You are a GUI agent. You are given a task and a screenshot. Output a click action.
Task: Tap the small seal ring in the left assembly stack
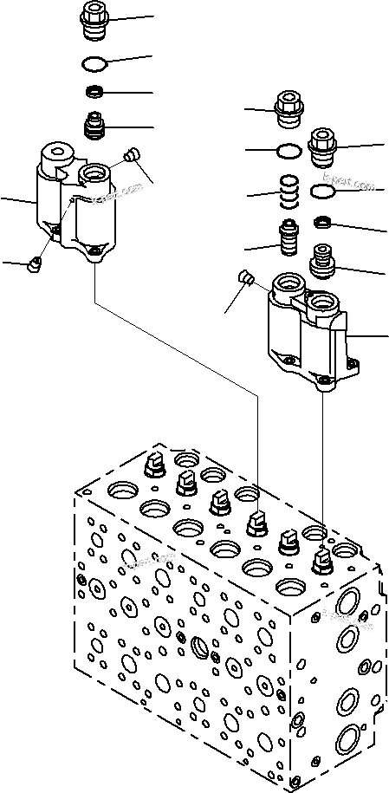94,92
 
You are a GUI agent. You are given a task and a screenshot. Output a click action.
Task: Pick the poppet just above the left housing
94,127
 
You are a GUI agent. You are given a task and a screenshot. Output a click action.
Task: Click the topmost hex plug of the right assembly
289,109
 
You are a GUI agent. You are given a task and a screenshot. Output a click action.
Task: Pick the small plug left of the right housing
245,279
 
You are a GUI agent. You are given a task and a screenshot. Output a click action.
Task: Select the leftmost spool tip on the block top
153,465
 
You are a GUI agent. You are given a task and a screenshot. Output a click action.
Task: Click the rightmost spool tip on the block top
321,562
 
